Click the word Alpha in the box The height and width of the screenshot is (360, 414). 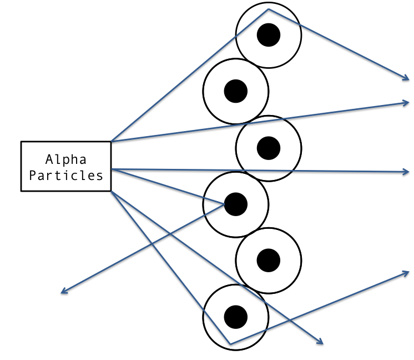point(66,160)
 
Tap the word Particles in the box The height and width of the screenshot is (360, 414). point(66,176)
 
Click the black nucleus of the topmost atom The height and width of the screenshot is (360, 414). point(269,35)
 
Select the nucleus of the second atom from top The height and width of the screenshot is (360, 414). point(235,91)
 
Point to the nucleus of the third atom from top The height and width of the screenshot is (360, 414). point(269,147)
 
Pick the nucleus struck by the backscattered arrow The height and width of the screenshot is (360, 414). point(235,203)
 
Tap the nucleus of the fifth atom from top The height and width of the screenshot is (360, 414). point(269,259)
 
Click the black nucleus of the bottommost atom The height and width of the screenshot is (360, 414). point(235,316)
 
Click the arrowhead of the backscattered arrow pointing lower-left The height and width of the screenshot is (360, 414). point(62,292)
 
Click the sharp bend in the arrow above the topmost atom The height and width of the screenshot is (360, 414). point(269,9)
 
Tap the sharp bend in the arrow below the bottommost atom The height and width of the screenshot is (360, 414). point(230,344)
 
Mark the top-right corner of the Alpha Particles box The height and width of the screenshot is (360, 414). point(111,142)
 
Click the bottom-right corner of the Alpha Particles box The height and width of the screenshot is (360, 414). point(111,191)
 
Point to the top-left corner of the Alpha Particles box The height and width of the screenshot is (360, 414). point(22,142)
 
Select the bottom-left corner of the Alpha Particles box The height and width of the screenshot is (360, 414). point(22,191)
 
